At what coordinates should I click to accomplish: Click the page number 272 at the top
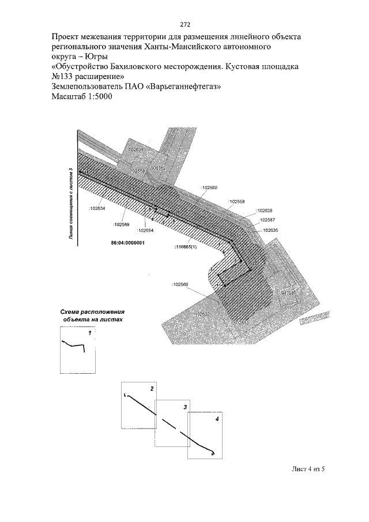point(184,24)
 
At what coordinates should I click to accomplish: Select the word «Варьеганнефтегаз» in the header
point(186,87)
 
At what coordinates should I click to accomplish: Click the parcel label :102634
point(97,208)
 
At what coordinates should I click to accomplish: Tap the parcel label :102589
point(121,224)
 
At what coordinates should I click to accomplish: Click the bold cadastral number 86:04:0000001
point(127,243)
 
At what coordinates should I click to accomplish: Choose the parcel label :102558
point(236,202)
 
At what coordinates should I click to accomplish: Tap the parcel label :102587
point(266,220)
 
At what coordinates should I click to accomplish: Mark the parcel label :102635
point(269,230)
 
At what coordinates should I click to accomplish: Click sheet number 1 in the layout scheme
point(89,333)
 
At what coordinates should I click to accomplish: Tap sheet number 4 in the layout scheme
point(217,418)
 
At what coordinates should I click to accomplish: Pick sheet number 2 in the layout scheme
point(152,389)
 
